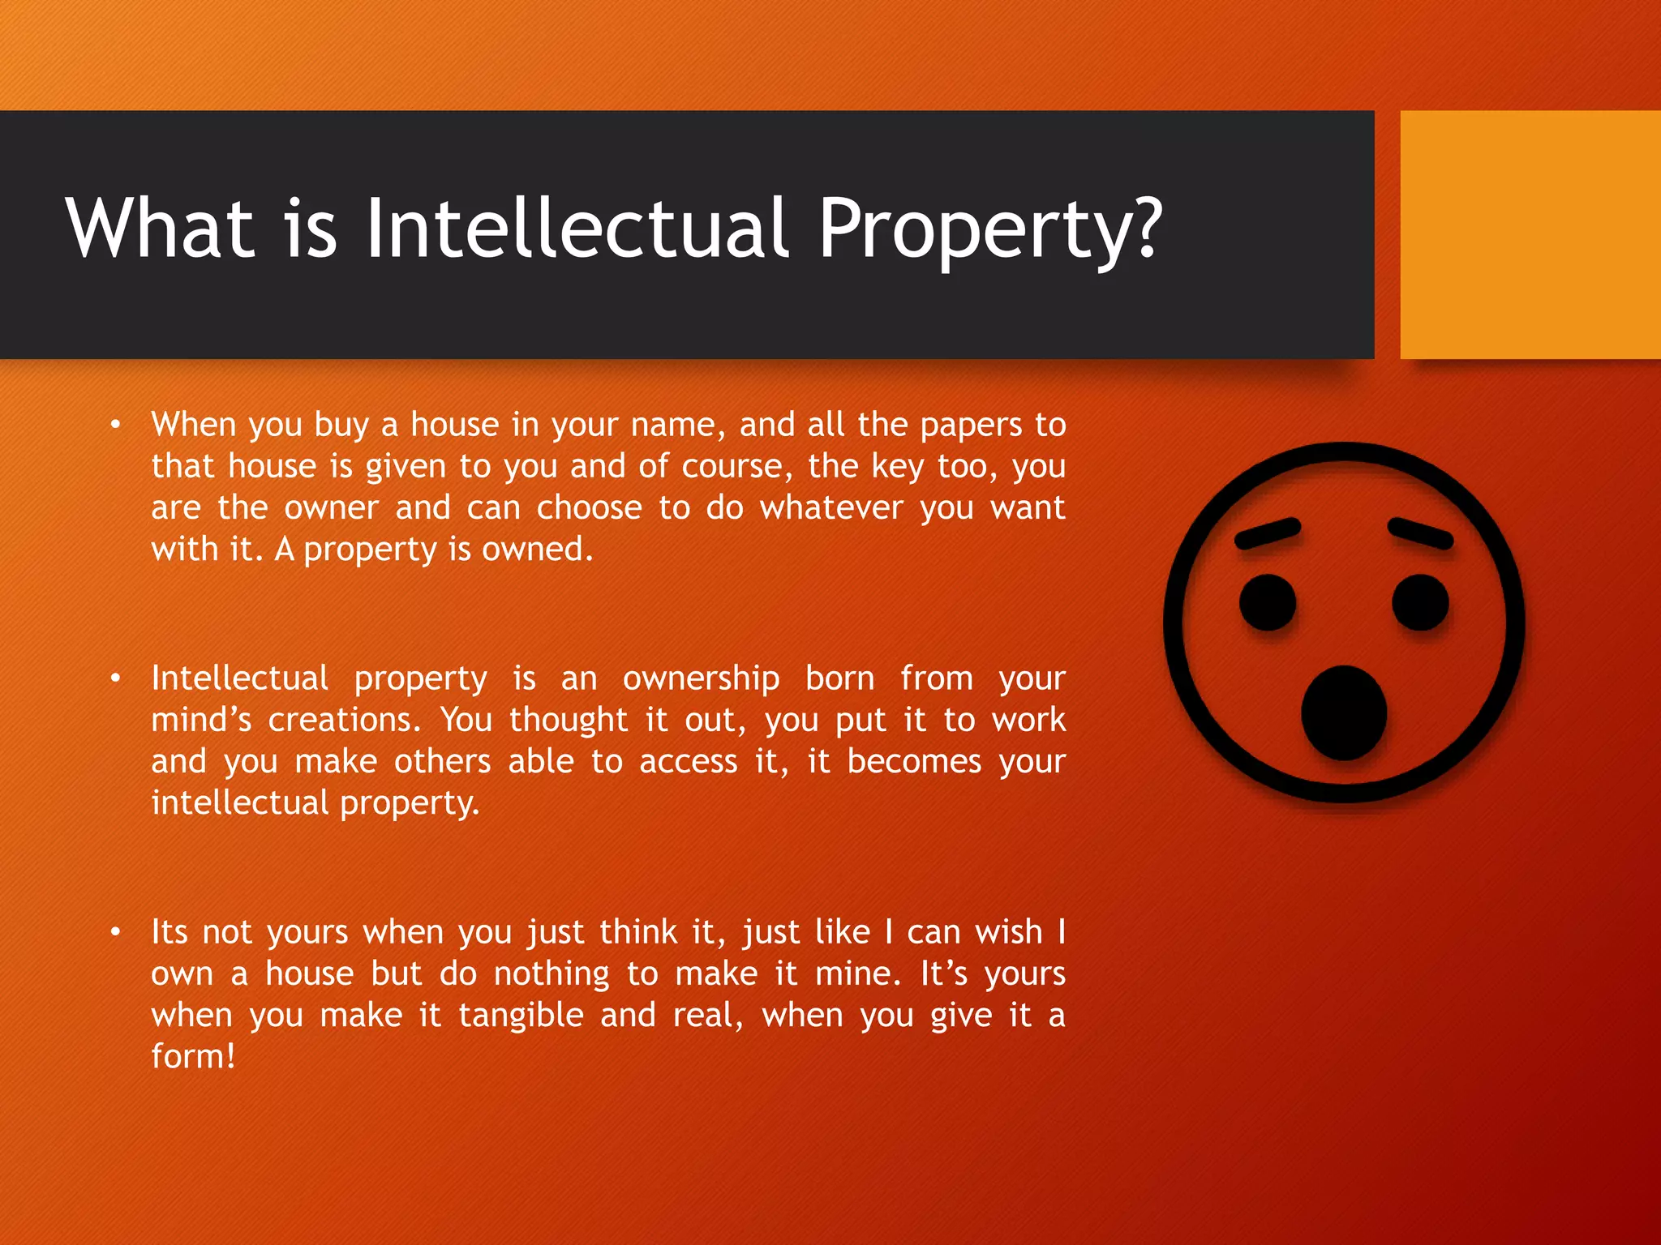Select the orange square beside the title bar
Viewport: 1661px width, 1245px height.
[1530, 235]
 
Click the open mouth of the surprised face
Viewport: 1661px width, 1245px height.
[1344, 713]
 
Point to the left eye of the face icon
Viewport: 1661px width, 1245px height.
[1268, 602]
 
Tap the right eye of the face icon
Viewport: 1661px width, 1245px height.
[1420, 602]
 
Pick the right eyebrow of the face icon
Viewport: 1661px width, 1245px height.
[1420, 534]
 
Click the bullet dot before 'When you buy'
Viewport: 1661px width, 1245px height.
[116, 425]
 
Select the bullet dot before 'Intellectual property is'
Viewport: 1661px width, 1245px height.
[116, 678]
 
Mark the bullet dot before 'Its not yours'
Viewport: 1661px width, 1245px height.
[116, 932]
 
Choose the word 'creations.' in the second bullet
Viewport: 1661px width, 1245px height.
[345, 720]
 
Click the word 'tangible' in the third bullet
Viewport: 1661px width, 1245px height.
[521, 1016]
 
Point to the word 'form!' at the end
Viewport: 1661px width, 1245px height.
[193, 1057]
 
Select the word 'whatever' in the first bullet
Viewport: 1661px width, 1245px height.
[831, 508]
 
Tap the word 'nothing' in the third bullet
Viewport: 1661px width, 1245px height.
[552, 974]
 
